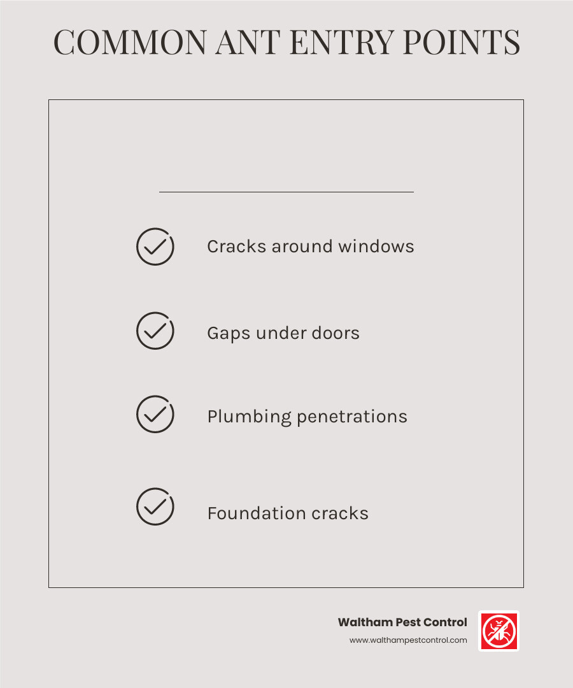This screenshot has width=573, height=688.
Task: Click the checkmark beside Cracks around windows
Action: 155,247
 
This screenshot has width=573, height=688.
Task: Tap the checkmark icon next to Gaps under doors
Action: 155,331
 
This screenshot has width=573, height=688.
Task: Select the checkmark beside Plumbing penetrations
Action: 155,415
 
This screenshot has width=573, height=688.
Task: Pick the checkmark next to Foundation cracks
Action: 155,506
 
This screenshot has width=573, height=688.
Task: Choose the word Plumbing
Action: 249,417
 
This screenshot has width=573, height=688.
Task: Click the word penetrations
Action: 352,417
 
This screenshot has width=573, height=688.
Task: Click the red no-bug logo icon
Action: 499,631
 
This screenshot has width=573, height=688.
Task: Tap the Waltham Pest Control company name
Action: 402,622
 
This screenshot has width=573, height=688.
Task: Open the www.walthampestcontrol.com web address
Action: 408,640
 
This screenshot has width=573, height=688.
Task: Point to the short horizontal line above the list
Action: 286,191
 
